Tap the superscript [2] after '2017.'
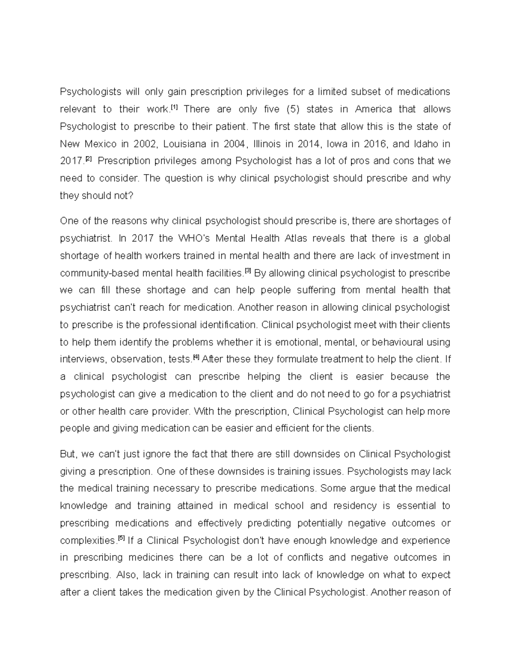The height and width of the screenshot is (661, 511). [89, 159]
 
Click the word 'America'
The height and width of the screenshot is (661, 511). [373, 109]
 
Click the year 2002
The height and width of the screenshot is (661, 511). [145, 144]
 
